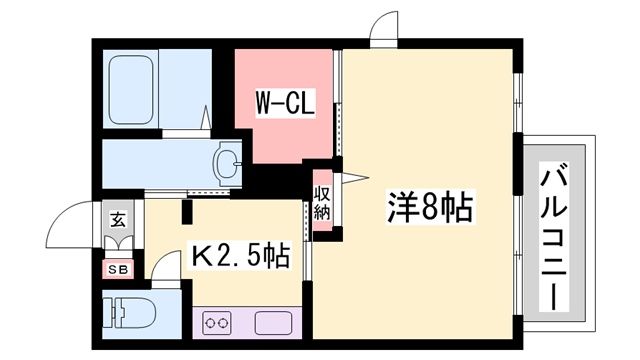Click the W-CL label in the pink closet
[286, 103]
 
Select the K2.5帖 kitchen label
[239, 257]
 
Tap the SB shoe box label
[117, 268]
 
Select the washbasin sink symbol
[229, 160]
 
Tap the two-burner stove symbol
[217, 322]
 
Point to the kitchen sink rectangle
[272, 322]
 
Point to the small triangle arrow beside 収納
[349, 178]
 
